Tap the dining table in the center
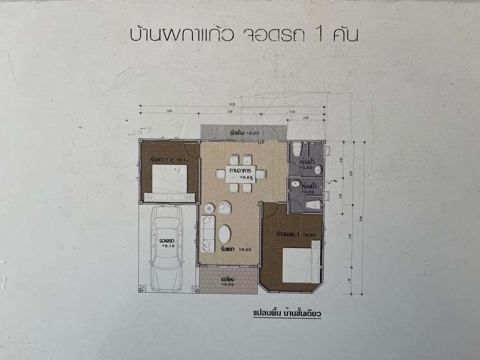[240, 173]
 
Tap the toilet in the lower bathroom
[313, 205]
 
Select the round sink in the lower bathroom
[294, 184]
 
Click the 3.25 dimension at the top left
[169, 111]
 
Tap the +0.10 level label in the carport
[168, 246]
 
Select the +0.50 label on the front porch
[227, 285]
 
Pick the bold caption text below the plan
[286, 314]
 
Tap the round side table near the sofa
[209, 208]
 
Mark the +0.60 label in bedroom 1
[309, 235]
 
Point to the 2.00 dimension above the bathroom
[305, 119]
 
